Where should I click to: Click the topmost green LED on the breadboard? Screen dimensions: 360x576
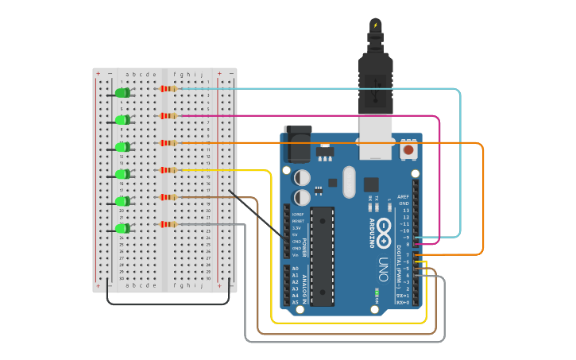(122, 93)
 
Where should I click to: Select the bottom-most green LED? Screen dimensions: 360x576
(122, 228)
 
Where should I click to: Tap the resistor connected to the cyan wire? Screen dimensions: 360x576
(168, 88)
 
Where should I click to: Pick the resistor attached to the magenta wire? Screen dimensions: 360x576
(168, 115)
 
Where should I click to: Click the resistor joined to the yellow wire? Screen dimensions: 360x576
(168, 169)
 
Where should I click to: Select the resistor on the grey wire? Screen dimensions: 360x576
(168, 224)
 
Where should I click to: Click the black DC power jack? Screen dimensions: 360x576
(298, 145)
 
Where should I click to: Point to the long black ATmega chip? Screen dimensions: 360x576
(322, 255)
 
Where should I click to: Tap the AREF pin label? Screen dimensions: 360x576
(404, 196)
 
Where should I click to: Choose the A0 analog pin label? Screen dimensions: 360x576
(296, 269)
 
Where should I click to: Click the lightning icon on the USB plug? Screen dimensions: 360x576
(376, 25)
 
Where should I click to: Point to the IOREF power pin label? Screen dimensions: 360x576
(297, 215)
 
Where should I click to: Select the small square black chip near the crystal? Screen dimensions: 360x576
(371, 184)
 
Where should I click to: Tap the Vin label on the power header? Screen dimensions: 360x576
(296, 254)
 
